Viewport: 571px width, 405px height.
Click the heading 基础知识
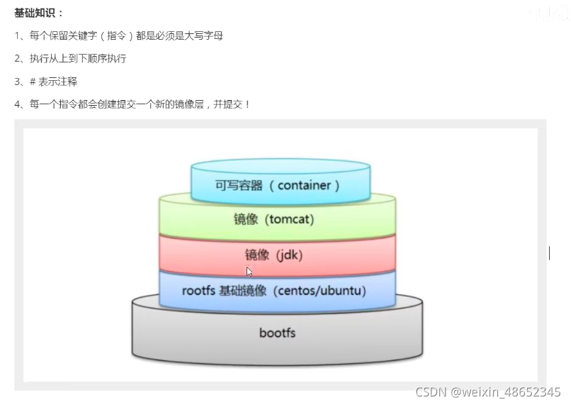38,13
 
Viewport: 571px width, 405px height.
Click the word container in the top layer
304,185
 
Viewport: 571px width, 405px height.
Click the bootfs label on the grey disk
277,332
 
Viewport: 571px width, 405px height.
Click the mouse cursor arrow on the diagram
249,272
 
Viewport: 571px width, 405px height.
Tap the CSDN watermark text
431,392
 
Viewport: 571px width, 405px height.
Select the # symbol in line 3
33,82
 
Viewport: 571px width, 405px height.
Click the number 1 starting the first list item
17,35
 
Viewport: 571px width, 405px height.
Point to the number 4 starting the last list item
17,104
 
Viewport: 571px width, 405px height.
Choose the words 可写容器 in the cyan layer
239,185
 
